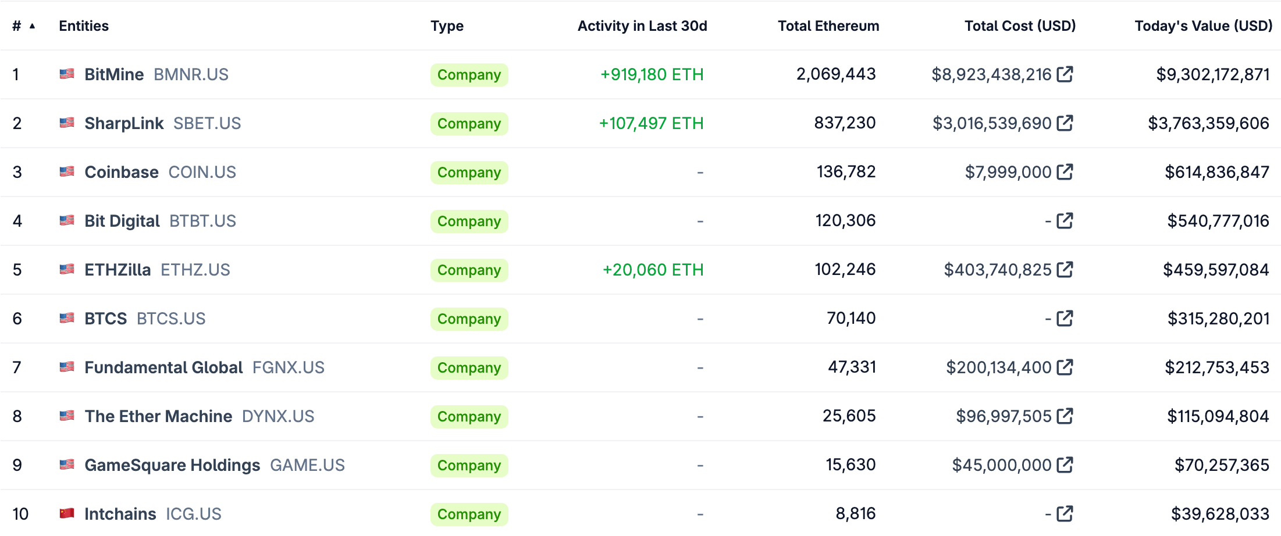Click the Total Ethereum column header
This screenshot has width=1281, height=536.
(828, 26)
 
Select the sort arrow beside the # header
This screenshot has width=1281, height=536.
(33, 26)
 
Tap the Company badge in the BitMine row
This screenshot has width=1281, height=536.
(469, 75)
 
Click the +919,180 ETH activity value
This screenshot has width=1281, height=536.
(652, 74)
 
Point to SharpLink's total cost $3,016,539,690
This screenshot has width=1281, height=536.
(991, 123)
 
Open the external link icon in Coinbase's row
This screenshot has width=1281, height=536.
(1065, 172)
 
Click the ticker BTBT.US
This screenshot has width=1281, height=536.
(202, 221)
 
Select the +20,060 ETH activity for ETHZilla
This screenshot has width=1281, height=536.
(653, 270)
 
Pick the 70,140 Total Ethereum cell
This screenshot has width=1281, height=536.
(851, 319)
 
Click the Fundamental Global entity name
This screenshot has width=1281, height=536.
(163, 367)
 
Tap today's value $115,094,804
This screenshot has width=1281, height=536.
(1218, 416)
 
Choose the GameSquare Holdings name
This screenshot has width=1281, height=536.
(172, 465)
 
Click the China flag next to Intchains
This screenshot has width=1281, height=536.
(67, 513)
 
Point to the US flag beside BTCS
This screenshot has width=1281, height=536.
(67, 318)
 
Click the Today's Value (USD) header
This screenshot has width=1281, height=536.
(1203, 26)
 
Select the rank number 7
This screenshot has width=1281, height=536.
(17, 367)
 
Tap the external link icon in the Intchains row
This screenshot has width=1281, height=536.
(1065, 514)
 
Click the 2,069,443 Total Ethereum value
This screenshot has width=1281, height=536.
(835, 74)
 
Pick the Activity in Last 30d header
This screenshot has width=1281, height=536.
(642, 26)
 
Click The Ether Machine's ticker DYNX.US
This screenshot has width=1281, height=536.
(277, 416)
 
